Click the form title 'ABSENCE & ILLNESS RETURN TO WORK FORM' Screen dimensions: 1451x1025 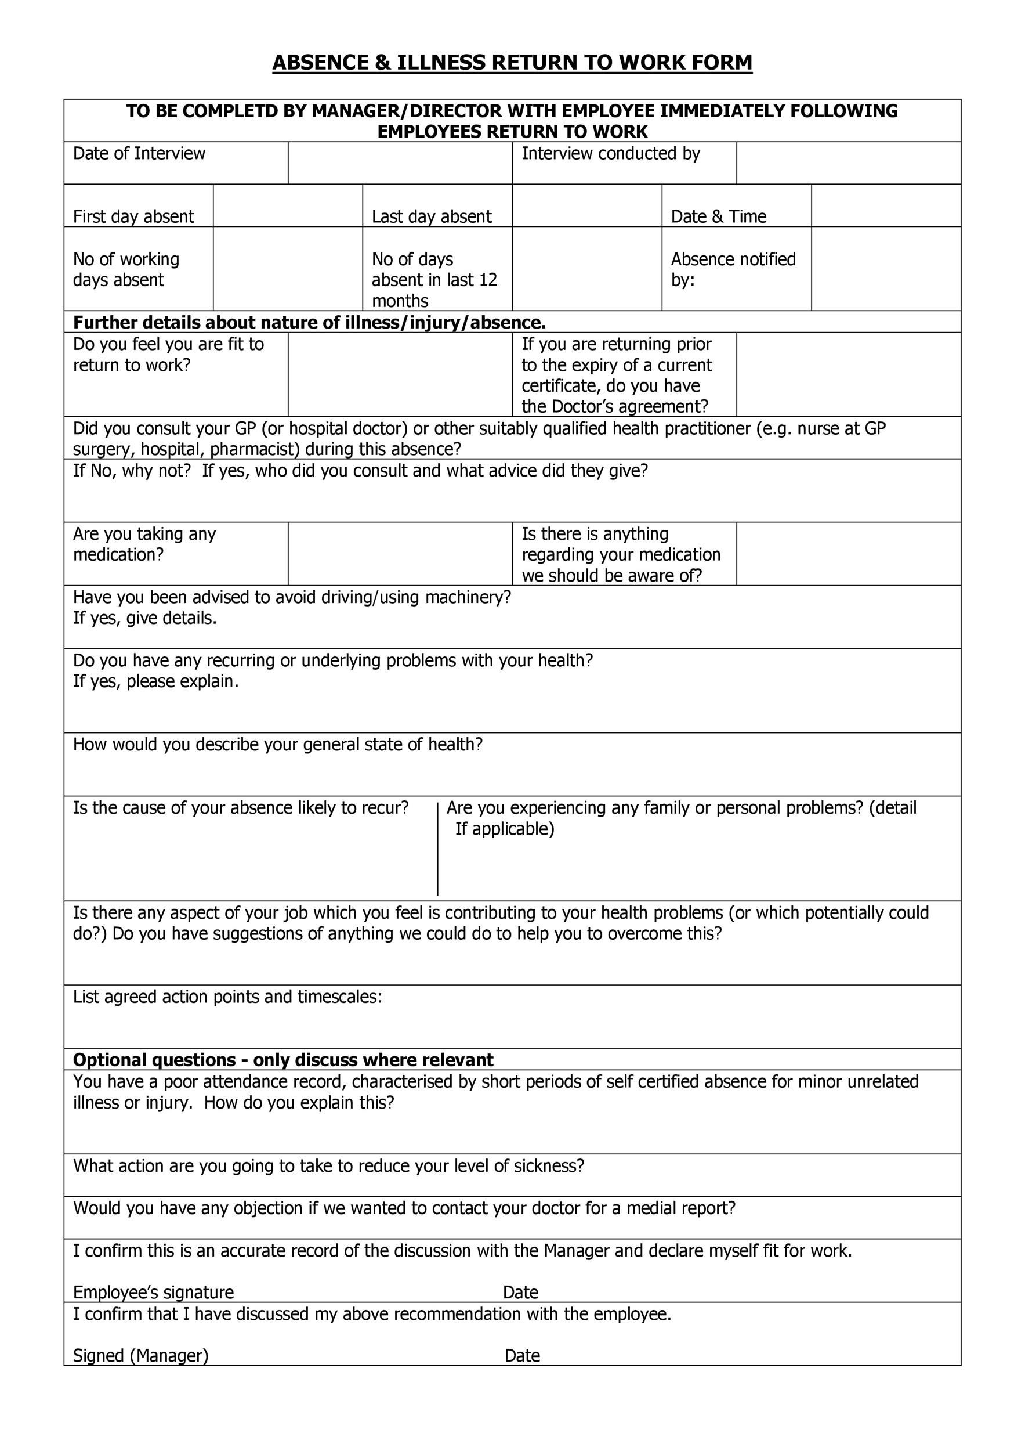pos(512,63)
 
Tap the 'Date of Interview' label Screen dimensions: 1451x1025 pos(139,154)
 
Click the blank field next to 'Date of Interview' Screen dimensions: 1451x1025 pos(400,163)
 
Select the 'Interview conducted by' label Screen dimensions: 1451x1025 pos(611,154)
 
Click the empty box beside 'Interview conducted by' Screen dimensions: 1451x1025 pos(848,163)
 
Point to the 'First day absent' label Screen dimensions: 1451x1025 pos(133,216)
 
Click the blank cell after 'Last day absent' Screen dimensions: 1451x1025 pos(586,206)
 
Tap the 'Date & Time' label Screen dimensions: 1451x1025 pos(718,216)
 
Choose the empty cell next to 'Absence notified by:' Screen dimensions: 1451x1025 pos(885,269)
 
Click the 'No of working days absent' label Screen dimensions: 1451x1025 pos(126,269)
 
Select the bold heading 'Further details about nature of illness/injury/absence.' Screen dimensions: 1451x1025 pos(309,323)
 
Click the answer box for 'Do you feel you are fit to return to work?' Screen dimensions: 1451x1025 pos(400,374)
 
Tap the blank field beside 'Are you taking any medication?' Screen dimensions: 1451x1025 pos(400,554)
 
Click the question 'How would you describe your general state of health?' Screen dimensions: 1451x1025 pos(278,745)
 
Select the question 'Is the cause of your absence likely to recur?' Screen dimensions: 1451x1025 pos(241,808)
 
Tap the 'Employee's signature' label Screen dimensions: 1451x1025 pos(154,1293)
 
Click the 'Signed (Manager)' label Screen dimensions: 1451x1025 pos(141,1356)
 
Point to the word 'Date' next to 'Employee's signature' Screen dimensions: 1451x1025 pos(520,1293)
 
